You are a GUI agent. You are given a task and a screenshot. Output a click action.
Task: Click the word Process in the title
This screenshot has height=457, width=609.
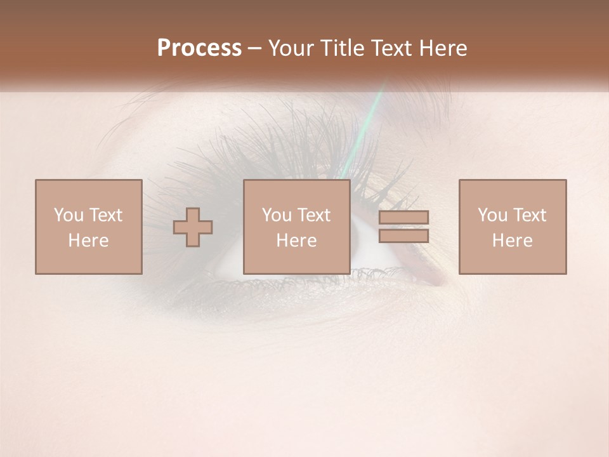(x=199, y=48)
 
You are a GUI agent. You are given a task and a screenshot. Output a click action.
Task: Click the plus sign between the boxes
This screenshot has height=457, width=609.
(x=193, y=227)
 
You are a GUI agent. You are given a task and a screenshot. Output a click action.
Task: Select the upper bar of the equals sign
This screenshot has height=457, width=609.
(x=403, y=218)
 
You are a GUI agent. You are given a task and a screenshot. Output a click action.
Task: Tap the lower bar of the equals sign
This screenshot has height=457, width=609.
(x=403, y=236)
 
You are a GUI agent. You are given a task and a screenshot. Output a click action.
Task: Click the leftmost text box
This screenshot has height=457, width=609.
(x=89, y=227)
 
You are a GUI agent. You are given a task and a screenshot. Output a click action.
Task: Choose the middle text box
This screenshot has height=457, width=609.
(x=296, y=227)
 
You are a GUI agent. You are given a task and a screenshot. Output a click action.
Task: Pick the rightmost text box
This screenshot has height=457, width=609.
(x=512, y=227)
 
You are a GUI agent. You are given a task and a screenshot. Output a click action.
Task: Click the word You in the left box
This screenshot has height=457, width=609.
(x=68, y=215)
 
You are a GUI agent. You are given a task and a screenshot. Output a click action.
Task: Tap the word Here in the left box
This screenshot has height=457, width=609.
(x=88, y=241)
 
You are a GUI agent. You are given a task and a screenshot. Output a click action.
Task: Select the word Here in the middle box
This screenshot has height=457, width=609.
(x=296, y=241)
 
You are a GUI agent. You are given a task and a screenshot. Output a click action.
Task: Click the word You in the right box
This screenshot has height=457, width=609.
(x=492, y=215)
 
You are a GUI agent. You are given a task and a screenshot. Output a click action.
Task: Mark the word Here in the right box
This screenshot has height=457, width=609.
(x=512, y=241)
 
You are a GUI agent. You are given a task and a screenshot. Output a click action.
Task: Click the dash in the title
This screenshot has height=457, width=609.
(x=255, y=49)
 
